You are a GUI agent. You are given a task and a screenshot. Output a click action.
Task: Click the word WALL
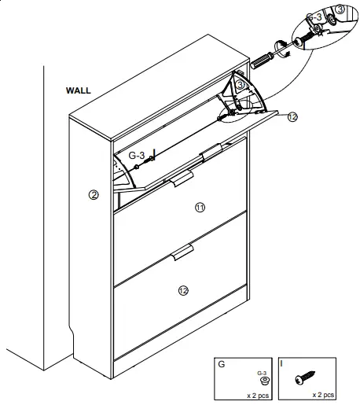(79, 90)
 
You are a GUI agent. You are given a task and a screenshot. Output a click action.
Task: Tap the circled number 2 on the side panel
(94, 195)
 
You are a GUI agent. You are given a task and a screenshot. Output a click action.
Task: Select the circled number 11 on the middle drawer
(200, 207)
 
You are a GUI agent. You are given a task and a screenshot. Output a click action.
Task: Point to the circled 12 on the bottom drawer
(183, 290)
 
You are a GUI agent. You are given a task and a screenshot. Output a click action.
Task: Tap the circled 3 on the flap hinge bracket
(241, 85)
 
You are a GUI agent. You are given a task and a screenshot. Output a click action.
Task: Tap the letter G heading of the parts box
(222, 365)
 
